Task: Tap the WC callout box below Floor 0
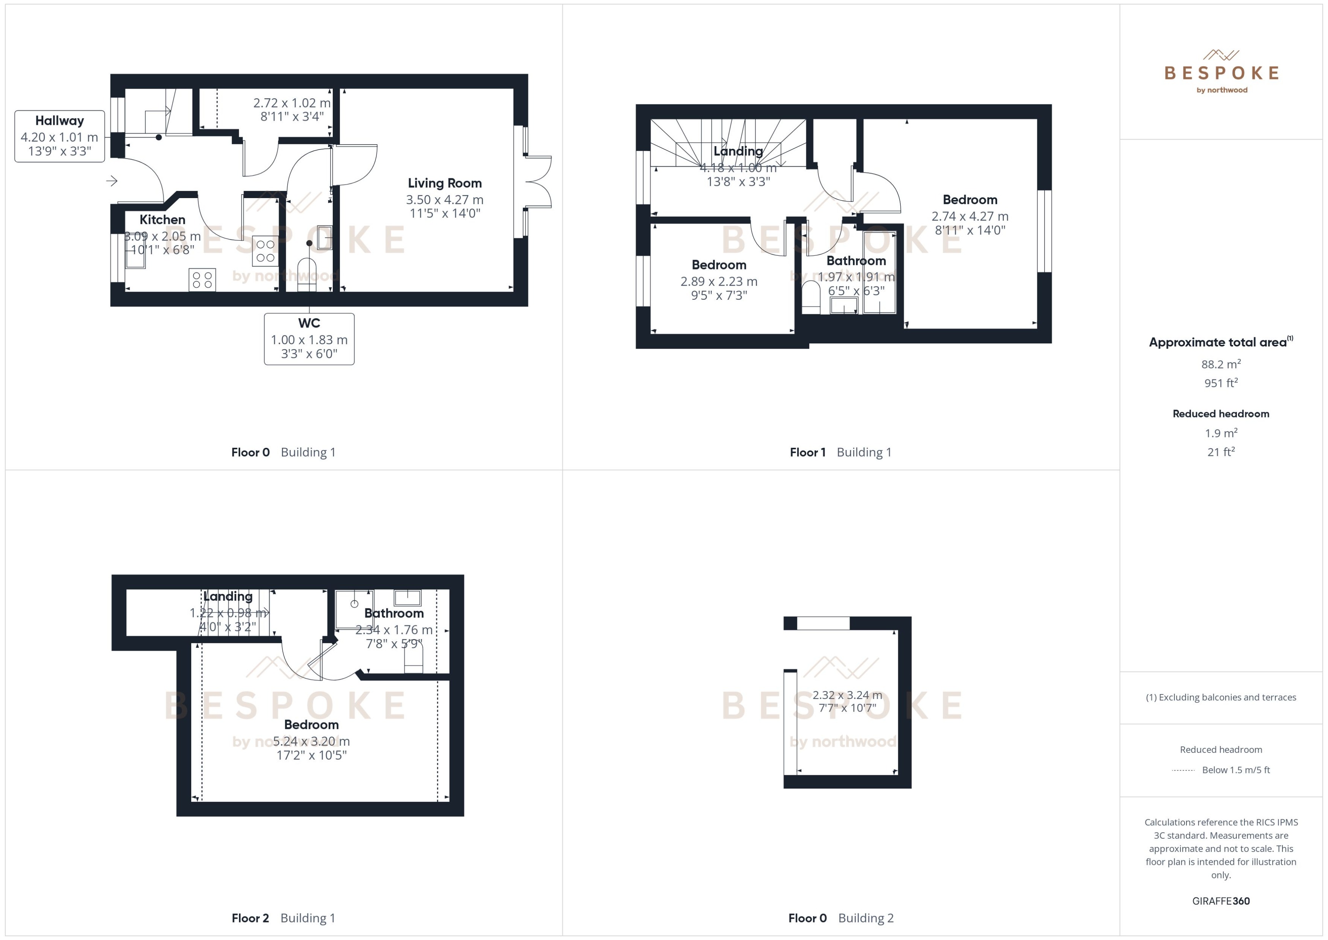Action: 309,339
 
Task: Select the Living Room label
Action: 444,184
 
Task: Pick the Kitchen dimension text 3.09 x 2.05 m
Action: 163,236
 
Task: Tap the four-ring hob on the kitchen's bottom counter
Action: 202,280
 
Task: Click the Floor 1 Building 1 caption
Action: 840,452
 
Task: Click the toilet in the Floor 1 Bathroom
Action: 811,297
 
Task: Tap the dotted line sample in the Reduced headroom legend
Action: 1183,770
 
